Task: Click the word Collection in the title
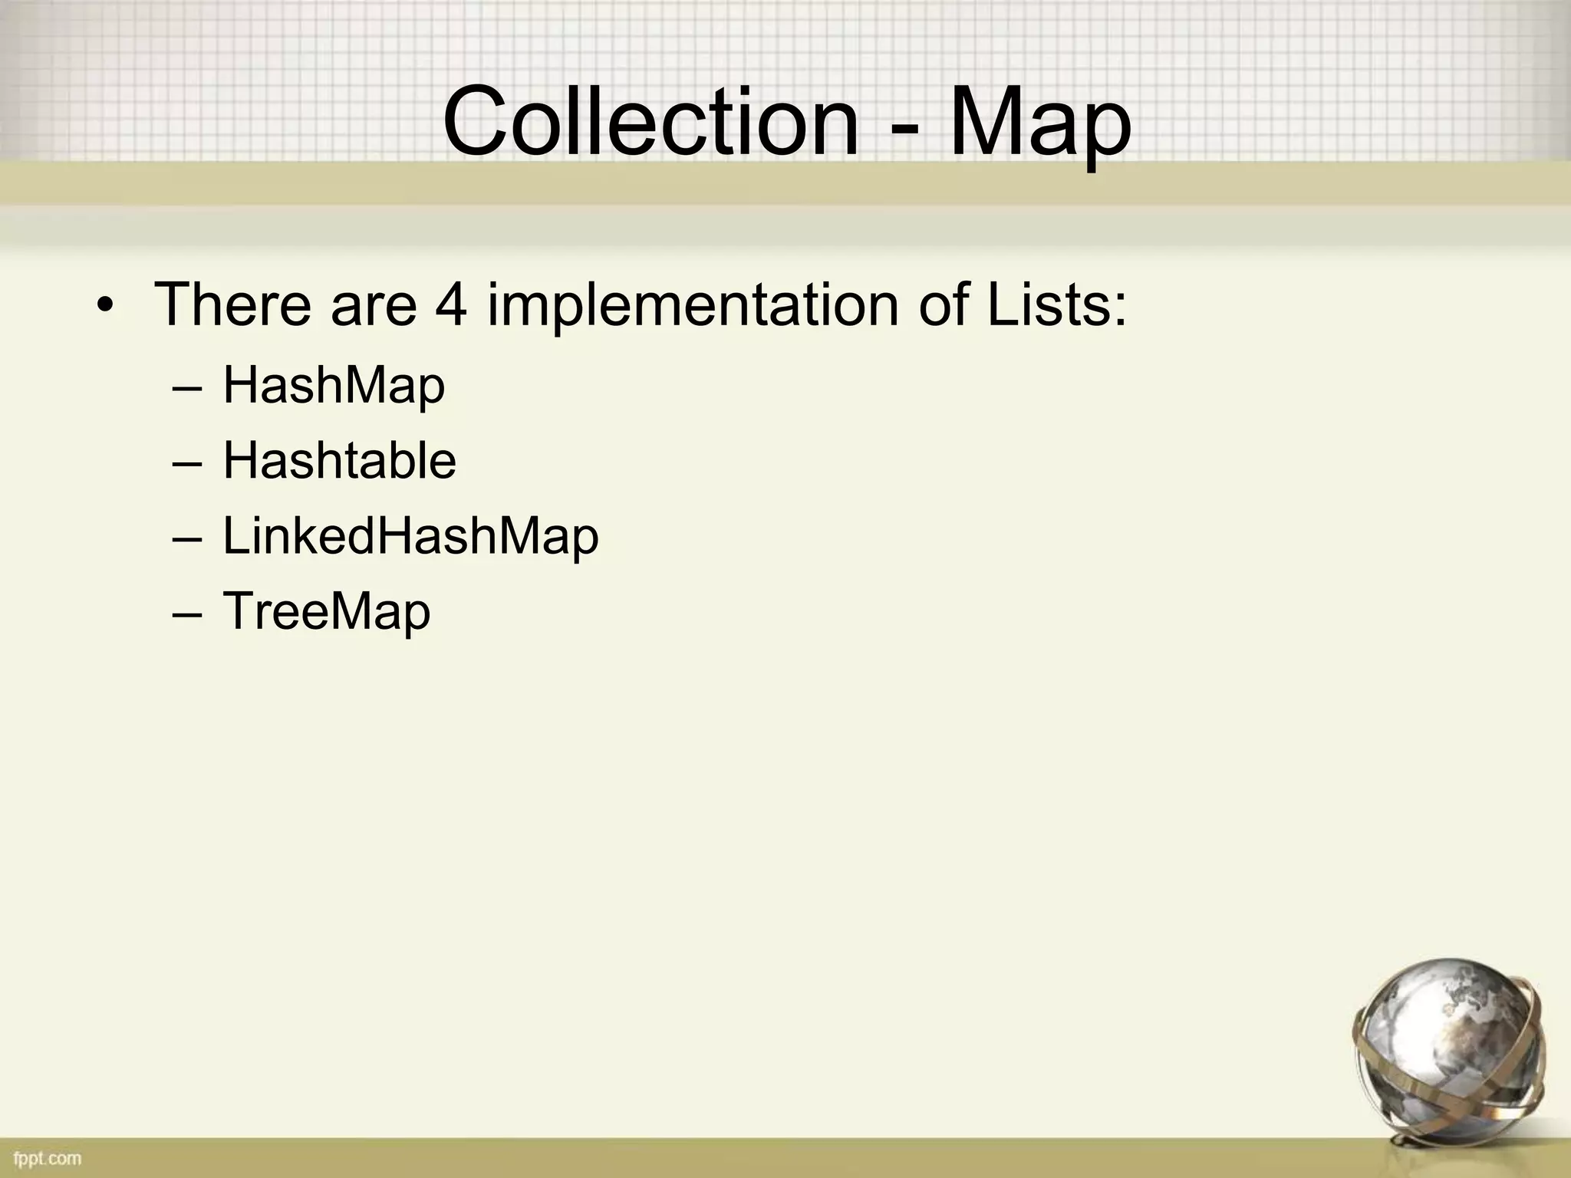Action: click(650, 123)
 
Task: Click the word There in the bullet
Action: click(234, 304)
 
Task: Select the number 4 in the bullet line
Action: click(450, 304)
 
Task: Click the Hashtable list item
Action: click(339, 461)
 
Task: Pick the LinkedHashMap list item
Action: click(410, 537)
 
